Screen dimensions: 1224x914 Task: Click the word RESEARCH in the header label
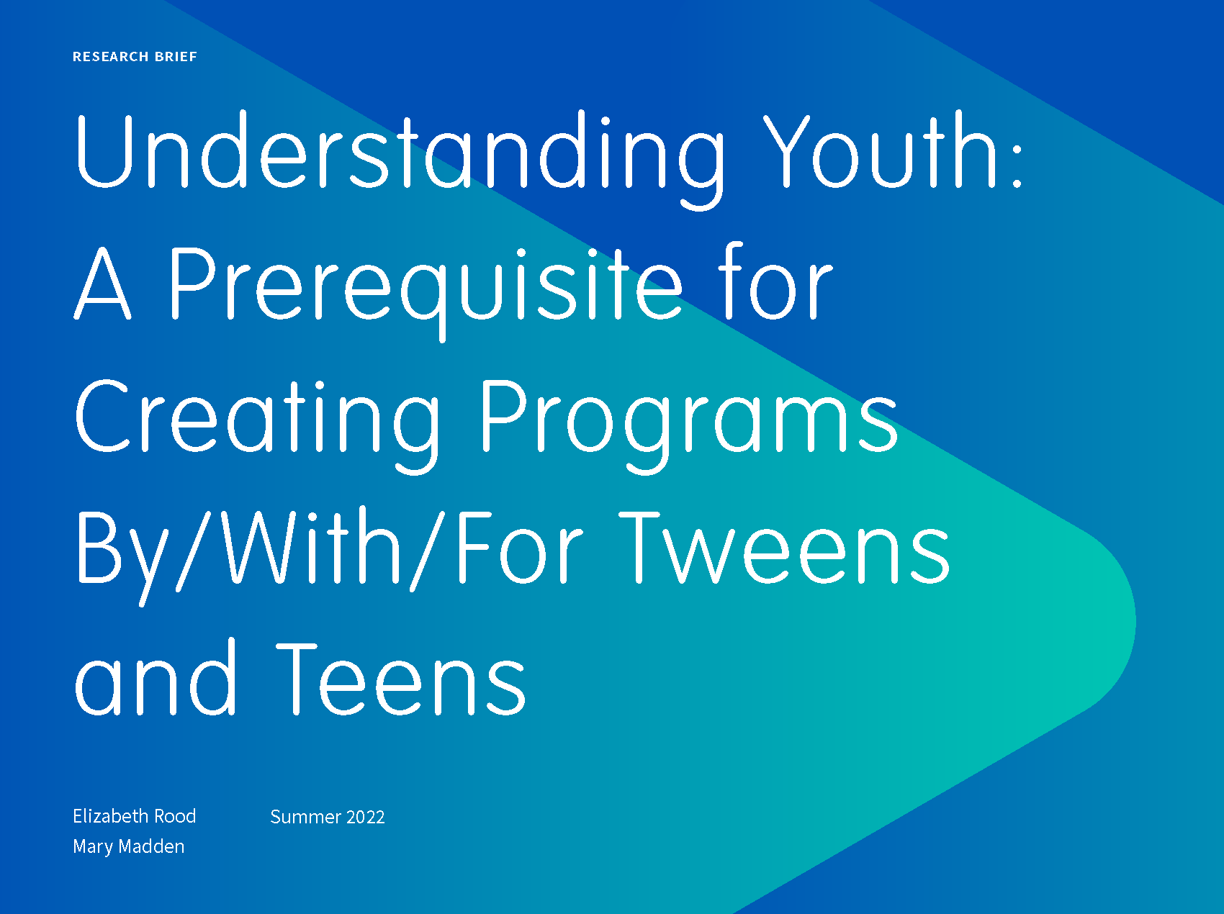pos(110,57)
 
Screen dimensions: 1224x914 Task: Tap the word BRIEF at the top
pos(176,57)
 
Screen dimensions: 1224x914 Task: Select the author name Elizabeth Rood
pos(135,816)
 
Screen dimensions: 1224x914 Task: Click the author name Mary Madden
pos(129,846)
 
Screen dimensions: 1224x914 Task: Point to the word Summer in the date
pos(305,817)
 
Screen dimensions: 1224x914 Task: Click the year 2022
pos(366,817)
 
